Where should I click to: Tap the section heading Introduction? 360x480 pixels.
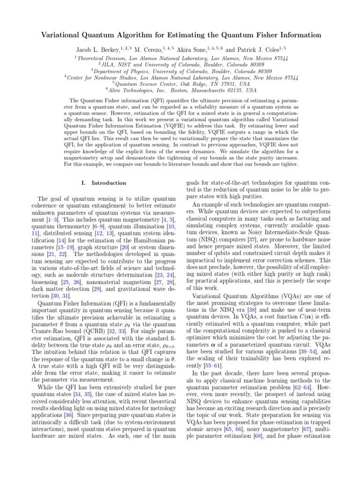(109, 182)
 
